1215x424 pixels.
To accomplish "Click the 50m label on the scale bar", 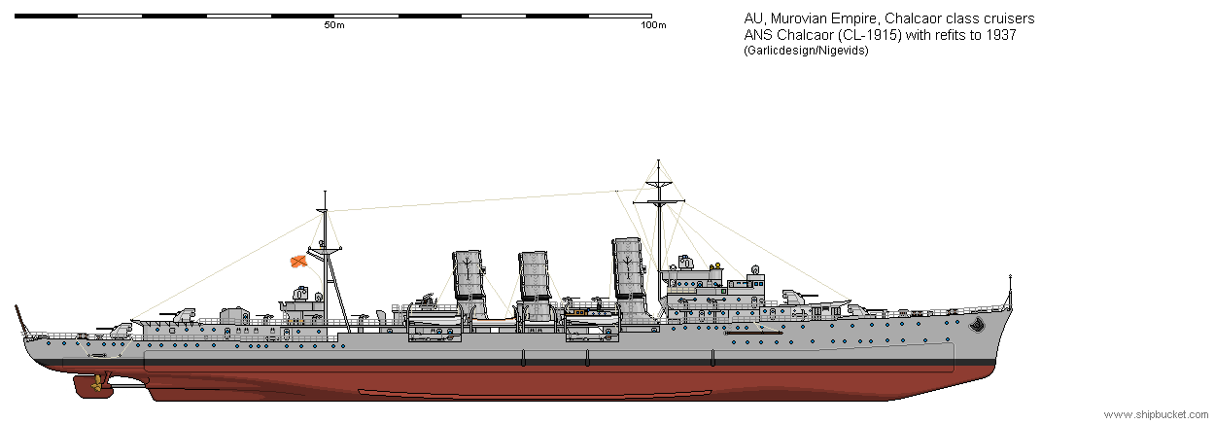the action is pyautogui.click(x=334, y=25).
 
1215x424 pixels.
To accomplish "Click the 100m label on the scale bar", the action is pyautogui.click(x=653, y=25).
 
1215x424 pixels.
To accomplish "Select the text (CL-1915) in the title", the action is pyautogui.click(x=865, y=35).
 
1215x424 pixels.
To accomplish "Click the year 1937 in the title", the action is pyautogui.click(x=1002, y=35).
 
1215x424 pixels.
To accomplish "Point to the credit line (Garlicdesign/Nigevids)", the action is pyautogui.click(x=806, y=51).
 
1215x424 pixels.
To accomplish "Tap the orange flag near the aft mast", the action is pyautogui.click(x=297, y=262).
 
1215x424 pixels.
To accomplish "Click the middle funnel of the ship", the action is pyautogui.click(x=535, y=285).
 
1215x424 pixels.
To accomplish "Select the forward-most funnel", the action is pyautogui.click(x=629, y=280).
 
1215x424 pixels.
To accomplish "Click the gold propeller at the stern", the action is pyautogui.click(x=97, y=383).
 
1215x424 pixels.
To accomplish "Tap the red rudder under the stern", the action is pyautogui.click(x=87, y=386).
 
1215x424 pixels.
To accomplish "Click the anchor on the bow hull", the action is pyautogui.click(x=978, y=325).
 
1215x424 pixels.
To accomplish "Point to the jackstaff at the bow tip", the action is pyautogui.click(x=1010, y=292).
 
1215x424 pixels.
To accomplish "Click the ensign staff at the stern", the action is pyautogui.click(x=20, y=319).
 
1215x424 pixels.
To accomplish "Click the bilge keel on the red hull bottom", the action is pyautogui.click(x=535, y=392).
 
